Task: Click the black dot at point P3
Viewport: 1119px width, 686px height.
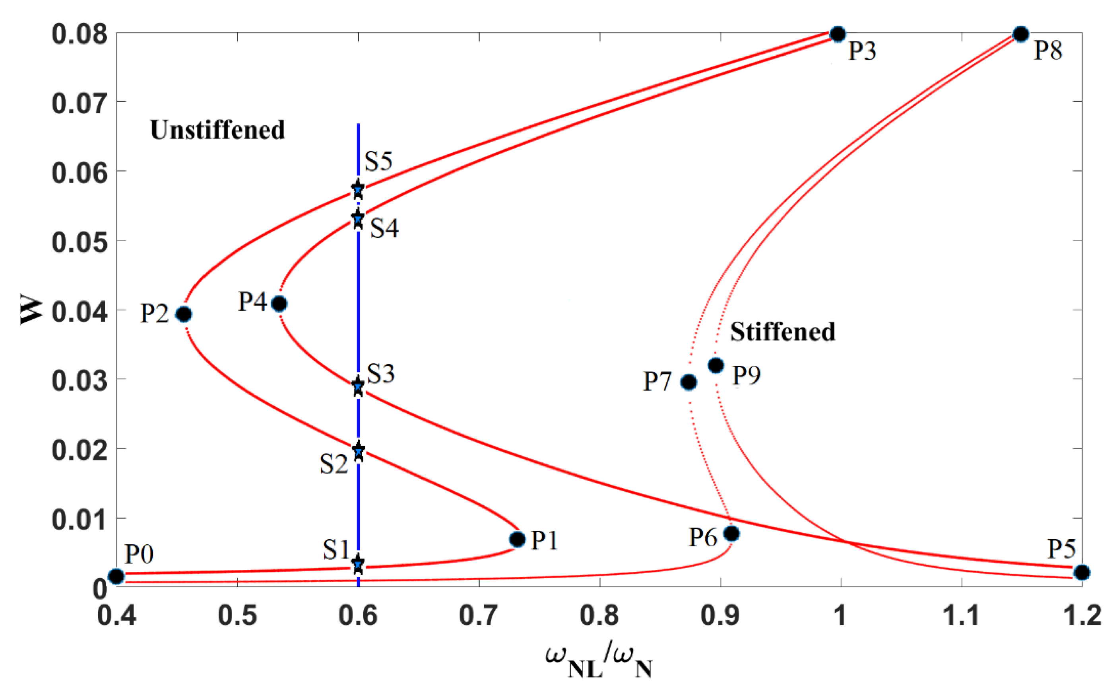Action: click(x=838, y=34)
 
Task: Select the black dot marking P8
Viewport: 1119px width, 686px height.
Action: click(x=1021, y=34)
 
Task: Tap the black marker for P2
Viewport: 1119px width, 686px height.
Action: click(x=184, y=314)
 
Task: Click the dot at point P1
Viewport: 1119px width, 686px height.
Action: click(x=517, y=540)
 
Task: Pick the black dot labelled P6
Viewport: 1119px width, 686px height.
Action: click(x=731, y=534)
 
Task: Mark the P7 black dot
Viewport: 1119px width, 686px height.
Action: click(x=689, y=382)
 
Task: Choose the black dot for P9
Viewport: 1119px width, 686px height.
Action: click(x=716, y=365)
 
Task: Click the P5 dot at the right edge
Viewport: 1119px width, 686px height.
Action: click(x=1082, y=572)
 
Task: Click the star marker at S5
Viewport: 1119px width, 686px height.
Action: click(x=358, y=189)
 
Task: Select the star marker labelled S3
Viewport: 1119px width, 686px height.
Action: click(x=358, y=386)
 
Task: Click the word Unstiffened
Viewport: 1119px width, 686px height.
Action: click(x=217, y=130)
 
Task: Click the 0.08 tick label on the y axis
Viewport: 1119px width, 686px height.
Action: click(x=80, y=34)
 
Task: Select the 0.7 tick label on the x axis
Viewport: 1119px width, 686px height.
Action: click(x=479, y=616)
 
